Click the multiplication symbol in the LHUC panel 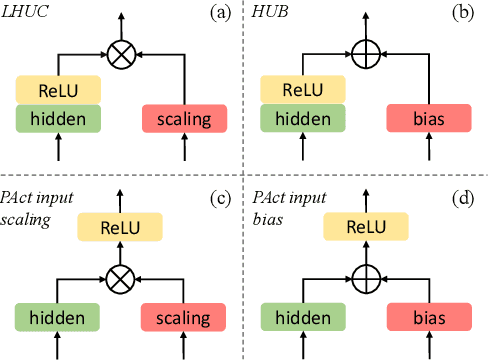pos(121,55)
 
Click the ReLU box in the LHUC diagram pos(59,90)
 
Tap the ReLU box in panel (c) pos(121,229)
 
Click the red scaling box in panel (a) pos(183,120)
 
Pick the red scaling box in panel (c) pos(183,319)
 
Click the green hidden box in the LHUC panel pos(59,119)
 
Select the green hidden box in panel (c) pos(59,319)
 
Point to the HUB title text pos(269,13)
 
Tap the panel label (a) pos(220,13)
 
